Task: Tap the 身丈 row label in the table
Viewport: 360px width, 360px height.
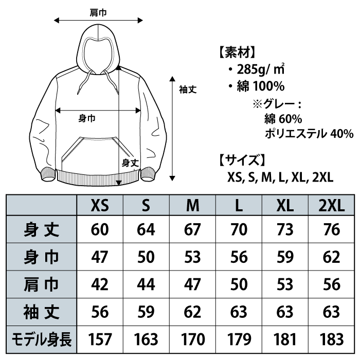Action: point(42,229)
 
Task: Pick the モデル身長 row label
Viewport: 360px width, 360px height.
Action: point(42,339)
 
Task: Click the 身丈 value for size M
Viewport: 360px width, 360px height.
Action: point(192,229)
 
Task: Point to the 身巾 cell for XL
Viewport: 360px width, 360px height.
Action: point(284,257)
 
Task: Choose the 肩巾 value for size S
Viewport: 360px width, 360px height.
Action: point(146,284)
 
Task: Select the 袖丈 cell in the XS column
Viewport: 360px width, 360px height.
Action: point(100,312)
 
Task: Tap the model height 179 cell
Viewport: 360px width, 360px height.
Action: point(238,339)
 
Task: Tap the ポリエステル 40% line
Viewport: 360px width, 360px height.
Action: point(309,134)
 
